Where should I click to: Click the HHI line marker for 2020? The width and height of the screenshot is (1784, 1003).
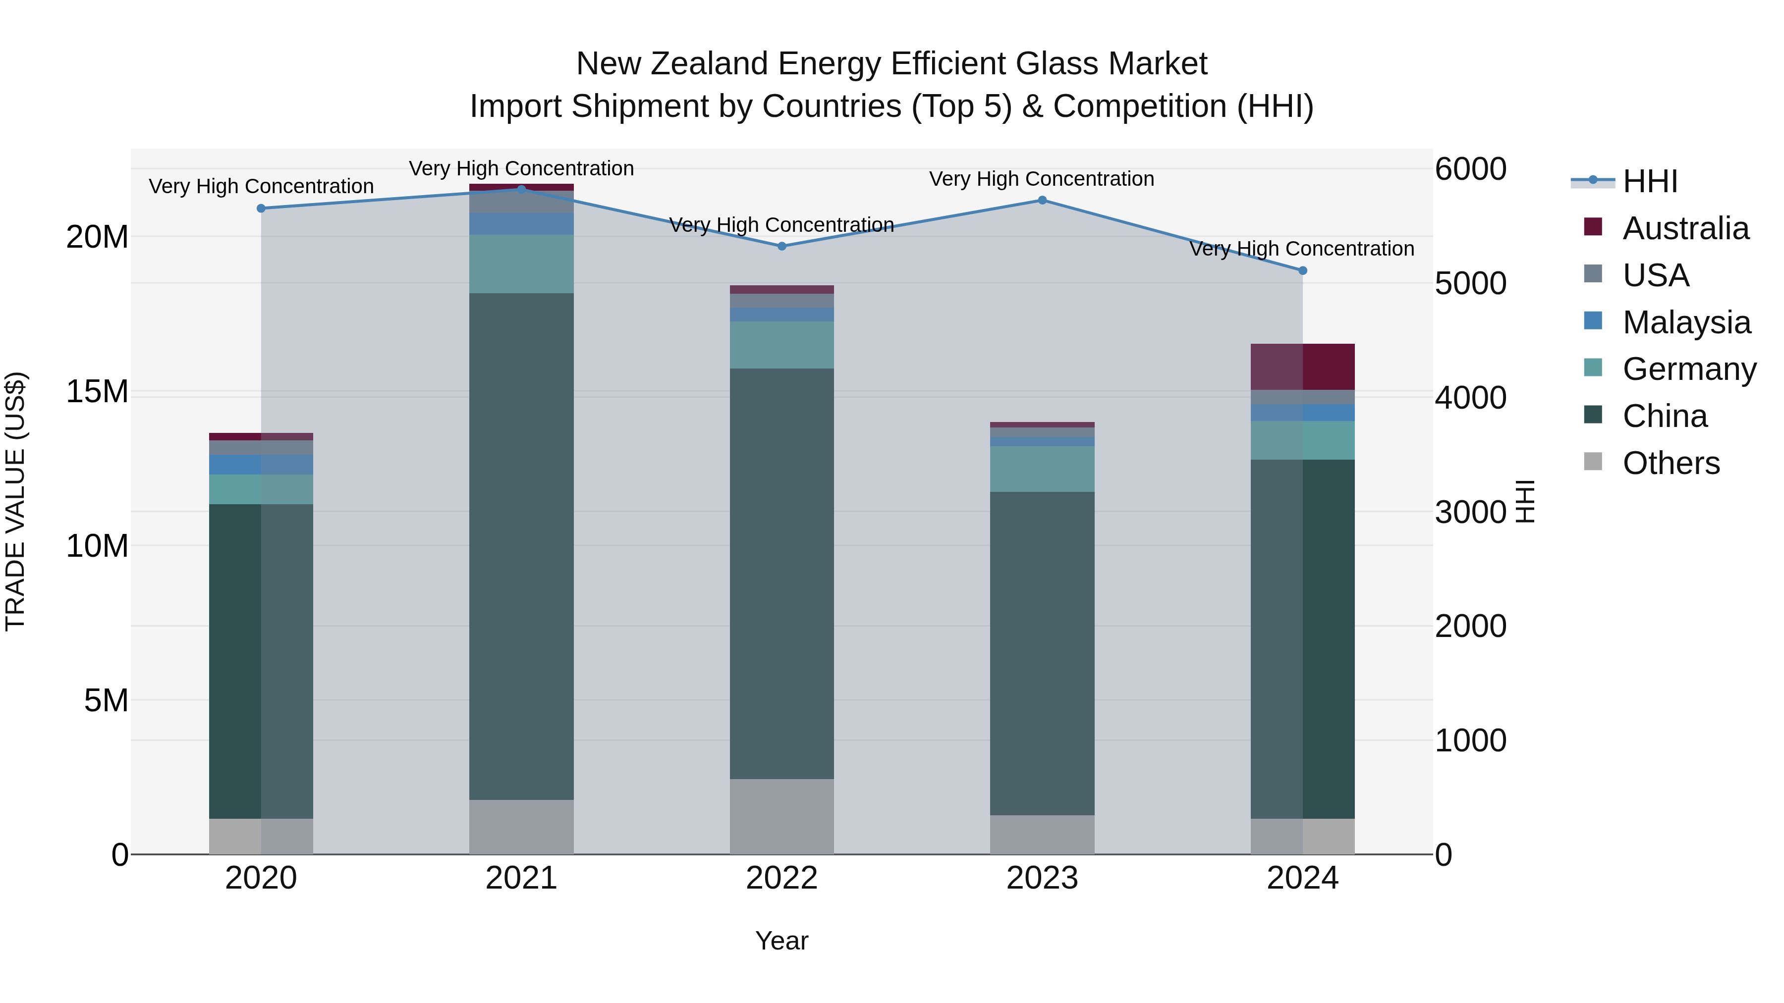[261, 209]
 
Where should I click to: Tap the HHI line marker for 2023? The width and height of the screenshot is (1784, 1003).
[1042, 201]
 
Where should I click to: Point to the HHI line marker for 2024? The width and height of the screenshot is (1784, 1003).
[1303, 270]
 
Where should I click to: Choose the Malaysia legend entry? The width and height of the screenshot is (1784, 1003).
[1686, 322]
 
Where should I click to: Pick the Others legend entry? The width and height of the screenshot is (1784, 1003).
[1671, 463]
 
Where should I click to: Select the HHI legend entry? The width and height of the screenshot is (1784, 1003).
[1650, 181]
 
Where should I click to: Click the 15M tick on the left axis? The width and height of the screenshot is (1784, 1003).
[97, 392]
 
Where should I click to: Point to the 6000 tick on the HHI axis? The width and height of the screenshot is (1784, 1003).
[1470, 169]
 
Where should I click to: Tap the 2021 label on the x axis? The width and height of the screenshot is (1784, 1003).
[521, 878]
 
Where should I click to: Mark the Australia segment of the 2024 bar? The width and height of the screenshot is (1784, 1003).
[1303, 367]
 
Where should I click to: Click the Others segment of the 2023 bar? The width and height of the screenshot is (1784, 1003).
[1042, 834]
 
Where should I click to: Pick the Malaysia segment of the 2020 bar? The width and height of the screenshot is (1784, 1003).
[261, 465]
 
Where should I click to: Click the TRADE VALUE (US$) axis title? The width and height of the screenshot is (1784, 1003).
[15, 501]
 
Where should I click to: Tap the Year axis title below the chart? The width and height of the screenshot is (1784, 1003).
[782, 941]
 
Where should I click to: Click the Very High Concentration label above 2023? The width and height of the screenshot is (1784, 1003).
[1042, 179]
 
